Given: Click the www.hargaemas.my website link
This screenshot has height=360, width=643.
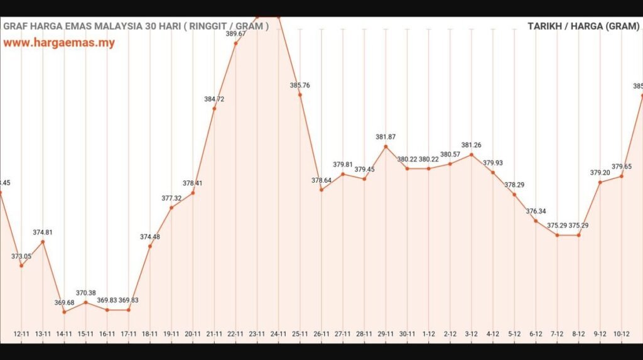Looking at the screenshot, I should [59, 43].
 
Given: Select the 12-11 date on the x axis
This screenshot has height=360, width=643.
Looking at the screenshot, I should [22, 333].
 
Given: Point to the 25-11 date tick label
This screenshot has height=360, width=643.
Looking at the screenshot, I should [300, 333].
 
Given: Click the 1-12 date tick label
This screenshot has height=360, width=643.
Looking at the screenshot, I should [429, 333].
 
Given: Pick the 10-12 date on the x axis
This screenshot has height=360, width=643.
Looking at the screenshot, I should [622, 333].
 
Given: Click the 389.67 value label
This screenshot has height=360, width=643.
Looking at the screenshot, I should [235, 34].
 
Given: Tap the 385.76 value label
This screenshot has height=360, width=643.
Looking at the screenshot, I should [300, 85].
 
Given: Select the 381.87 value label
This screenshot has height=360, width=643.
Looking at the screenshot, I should [386, 137].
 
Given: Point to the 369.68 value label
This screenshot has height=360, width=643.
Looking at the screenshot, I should [64, 303].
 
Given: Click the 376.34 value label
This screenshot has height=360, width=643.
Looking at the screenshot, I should [536, 212].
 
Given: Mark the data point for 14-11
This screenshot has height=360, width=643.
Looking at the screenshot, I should [64, 312].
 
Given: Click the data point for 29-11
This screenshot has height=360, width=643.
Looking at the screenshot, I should [386, 146].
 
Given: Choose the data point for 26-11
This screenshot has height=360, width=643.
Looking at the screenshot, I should [321, 190].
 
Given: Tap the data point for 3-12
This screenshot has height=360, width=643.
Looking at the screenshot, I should [472, 155].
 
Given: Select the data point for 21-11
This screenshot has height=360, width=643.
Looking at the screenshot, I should [214, 109].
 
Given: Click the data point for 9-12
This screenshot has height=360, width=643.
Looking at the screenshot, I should [600, 182].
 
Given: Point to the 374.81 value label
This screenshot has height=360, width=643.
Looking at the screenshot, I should [43, 232].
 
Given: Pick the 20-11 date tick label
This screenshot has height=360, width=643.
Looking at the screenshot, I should [193, 333].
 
